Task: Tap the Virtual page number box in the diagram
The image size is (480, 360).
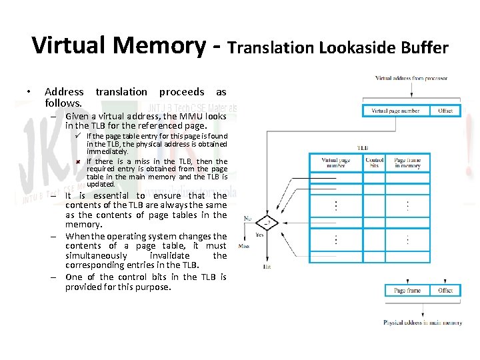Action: coord(395,110)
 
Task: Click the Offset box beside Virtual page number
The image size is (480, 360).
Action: coord(445,110)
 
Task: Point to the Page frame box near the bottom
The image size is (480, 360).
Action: coord(407,290)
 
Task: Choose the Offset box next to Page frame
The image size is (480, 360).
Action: coord(445,290)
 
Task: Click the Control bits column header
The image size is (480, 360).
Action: coord(375,163)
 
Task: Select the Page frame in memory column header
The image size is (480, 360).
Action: coord(407,163)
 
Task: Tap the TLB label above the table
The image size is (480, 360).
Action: coord(363,148)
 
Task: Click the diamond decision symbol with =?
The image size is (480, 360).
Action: coord(267,223)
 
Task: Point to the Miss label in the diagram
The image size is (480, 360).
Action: coord(244,245)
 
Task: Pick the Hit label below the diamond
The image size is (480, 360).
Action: coord(267,266)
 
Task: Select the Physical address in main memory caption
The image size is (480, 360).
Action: coord(422,323)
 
